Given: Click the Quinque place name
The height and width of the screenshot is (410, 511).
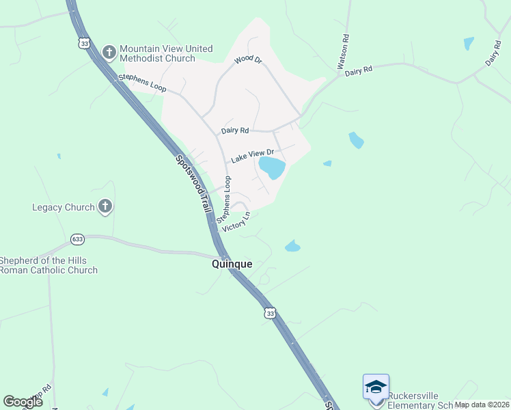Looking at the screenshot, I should (232, 264).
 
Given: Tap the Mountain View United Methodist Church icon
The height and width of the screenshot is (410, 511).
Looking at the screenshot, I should (109, 52).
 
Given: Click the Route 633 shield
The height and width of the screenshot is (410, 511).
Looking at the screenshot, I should (77, 239).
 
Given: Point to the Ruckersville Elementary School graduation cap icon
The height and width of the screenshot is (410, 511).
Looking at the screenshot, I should (376, 387).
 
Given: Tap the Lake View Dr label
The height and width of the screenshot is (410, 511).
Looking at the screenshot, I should (252, 156).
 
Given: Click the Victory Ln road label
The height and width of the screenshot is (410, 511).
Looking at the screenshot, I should (236, 222).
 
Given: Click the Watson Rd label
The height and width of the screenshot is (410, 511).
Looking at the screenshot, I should (343, 53).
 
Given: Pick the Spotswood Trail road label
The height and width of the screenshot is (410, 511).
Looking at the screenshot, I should (191, 184).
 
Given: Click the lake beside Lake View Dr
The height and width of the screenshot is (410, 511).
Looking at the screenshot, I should (273, 167).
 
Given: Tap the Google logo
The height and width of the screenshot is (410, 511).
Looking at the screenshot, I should (23, 402).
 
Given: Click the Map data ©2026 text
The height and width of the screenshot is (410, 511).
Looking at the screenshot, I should (482, 405).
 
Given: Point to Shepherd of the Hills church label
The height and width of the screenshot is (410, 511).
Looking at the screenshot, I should (48, 265).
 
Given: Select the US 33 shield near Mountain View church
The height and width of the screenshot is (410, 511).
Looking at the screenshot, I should (84, 43).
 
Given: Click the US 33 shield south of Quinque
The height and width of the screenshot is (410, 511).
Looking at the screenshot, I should (271, 313).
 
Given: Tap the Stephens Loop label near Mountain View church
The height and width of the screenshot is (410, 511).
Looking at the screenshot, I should (142, 83).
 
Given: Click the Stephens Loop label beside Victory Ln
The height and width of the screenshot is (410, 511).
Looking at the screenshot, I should (224, 200).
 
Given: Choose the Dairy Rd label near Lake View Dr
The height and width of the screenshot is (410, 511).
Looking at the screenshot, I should (235, 130).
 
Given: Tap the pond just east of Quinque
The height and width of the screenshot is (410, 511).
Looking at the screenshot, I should (292, 246).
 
